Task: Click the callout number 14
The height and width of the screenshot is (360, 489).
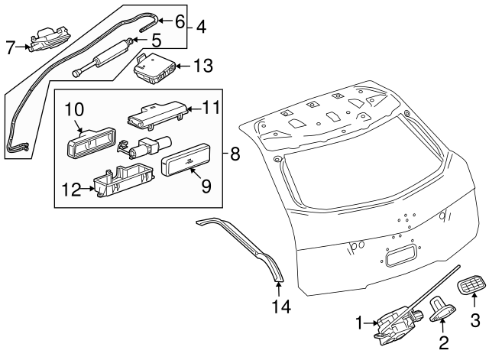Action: pyautogui.click(x=278, y=307)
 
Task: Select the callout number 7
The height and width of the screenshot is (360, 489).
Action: pyautogui.click(x=10, y=48)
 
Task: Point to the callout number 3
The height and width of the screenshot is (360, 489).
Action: pyautogui.click(x=474, y=320)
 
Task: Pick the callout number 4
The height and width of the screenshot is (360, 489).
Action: pyautogui.click(x=200, y=28)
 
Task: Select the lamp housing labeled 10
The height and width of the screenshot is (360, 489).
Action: pyautogui.click(x=91, y=143)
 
